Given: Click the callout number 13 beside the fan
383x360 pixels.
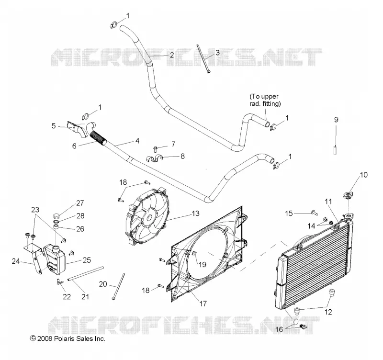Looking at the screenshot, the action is pos(196,214).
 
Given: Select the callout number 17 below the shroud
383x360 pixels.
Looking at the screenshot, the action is pos(203,304).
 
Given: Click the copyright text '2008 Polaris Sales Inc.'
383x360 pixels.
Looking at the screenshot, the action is pos(71,338).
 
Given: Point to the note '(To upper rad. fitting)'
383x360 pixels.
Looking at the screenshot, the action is pos(265,100).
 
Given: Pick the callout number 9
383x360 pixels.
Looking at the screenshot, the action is pos(337,120).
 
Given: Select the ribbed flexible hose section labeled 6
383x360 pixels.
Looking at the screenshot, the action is pos(99,138).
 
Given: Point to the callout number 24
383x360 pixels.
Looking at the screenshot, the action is pos(16,261).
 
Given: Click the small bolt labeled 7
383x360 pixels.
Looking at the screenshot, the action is pos(155,148).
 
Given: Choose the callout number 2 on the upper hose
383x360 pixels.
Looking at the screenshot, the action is pos(172,55).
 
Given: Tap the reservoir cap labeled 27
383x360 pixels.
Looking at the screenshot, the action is pos(56,216).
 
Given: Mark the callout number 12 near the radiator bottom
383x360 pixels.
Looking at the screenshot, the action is pos(328,312).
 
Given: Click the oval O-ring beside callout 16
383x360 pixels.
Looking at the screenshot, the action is pos(295,321).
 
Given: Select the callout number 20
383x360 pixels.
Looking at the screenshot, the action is pos(103,284).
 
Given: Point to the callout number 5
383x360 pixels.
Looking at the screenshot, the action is pos(54,126).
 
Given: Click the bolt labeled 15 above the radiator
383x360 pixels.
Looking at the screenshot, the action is pos(315,213).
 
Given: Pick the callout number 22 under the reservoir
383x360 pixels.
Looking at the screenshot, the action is pos(67,297).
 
